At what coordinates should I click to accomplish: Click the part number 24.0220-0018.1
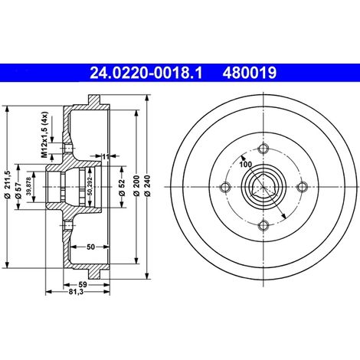tap(146, 73)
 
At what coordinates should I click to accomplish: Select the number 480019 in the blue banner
tap(250, 73)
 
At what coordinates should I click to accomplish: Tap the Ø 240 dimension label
tap(147, 185)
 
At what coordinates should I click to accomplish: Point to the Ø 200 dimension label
tap(136, 185)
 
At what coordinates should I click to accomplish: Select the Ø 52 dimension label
tap(123, 187)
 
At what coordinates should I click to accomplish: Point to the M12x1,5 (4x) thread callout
tap(44, 134)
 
